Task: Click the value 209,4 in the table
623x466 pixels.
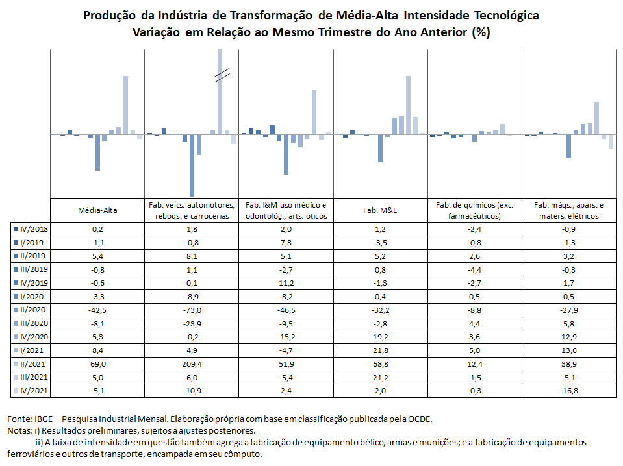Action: click(x=192, y=364)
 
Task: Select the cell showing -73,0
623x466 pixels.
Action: click(x=192, y=310)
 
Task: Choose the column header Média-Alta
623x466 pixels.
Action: click(x=97, y=210)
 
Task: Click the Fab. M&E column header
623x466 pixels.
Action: click(x=380, y=210)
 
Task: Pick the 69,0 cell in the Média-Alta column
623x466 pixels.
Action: click(x=97, y=364)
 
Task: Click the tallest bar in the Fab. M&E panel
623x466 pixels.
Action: click(x=408, y=105)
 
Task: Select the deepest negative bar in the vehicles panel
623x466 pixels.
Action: click(x=192, y=166)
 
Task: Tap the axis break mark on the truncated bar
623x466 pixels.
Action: click(x=222, y=75)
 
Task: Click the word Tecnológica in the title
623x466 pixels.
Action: click(x=507, y=16)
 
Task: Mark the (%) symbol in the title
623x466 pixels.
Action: click(x=481, y=32)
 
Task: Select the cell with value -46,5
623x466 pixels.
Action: click(x=286, y=310)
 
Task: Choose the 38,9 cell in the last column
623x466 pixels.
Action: click(x=568, y=364)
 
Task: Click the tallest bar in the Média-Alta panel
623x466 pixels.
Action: click(x=125, y=105)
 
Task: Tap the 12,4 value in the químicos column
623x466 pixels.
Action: click(x=474, y=364)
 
